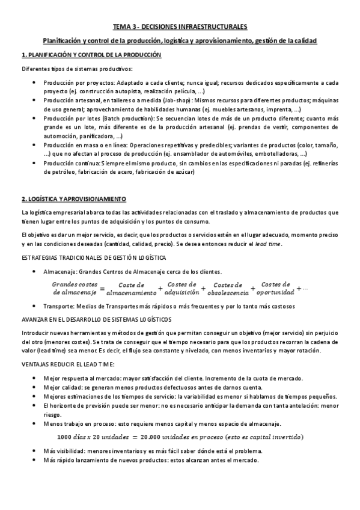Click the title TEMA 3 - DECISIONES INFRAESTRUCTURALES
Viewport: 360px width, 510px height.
[180, 27]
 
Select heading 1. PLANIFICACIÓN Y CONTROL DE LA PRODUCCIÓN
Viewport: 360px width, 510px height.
[91, 55]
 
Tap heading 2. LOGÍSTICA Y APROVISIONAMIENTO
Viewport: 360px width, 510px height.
[74, 198]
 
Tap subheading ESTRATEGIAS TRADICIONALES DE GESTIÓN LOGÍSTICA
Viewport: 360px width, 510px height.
[94, 258]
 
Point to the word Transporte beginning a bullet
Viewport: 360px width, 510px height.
[59, 307]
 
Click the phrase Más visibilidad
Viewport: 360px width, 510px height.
[63, 450]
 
